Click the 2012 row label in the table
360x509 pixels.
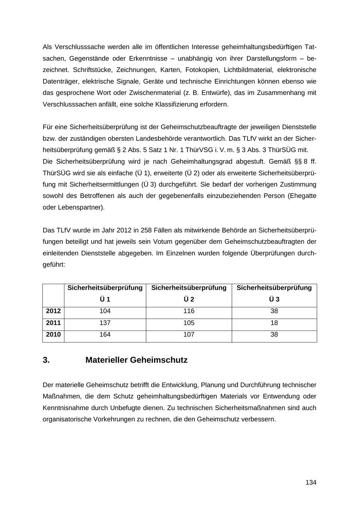click(x=53, y=311)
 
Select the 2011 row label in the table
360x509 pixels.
click(x=53, y=323)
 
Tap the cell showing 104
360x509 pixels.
click(x=105, y=311)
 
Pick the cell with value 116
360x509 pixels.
click(x=189, y=311)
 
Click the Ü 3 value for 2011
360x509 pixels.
click(x=274, y=323)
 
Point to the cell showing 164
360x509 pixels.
click(x=105, y=335)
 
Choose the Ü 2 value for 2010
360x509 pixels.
click(x=189, y=335)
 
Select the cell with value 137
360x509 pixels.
click(x=105, y=323)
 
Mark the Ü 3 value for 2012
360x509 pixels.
click(x=274, y=311)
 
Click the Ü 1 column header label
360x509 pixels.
click(x=105, y=299)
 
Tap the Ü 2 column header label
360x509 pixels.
click(x=189, y=299)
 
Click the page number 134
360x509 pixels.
click(x=311, y=483)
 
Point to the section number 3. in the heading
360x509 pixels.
click(x=46, y=360)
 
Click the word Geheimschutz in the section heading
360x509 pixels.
click(x=164, y=360)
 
